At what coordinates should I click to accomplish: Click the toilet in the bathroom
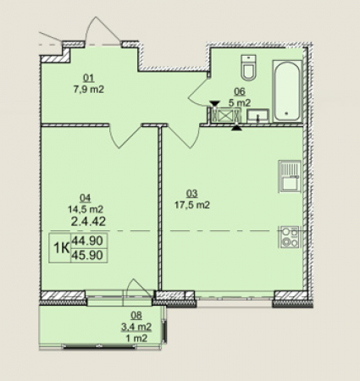click(249, 68)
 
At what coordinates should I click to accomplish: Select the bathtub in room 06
click(287, 91)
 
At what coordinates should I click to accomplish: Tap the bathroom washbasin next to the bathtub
click(258, 116)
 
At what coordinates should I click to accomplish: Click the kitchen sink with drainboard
click(290, 176)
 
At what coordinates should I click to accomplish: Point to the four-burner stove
click(290, 237)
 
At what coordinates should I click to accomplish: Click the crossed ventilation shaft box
click(225, 115)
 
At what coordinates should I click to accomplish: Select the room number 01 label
click(88, 77)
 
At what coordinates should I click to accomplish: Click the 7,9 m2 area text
click(89, 90)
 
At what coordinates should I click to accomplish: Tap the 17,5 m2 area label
click(192, 205)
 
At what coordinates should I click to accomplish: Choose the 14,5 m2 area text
click(86, 209)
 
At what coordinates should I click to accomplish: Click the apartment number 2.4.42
click(88, 222)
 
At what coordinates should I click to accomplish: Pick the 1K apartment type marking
click(62, 248)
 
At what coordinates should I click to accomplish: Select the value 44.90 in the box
click(87, 241)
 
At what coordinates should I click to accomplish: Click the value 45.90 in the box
click(87, 256)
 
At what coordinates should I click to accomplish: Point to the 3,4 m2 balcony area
click(136, 327)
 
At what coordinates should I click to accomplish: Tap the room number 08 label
click(136, 315)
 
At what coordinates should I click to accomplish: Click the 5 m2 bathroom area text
click(240, 103)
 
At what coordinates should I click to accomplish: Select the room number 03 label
click(192, 194)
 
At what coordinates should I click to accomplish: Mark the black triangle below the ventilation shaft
click(236, 128)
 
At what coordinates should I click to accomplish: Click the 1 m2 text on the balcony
click(136, 338)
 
